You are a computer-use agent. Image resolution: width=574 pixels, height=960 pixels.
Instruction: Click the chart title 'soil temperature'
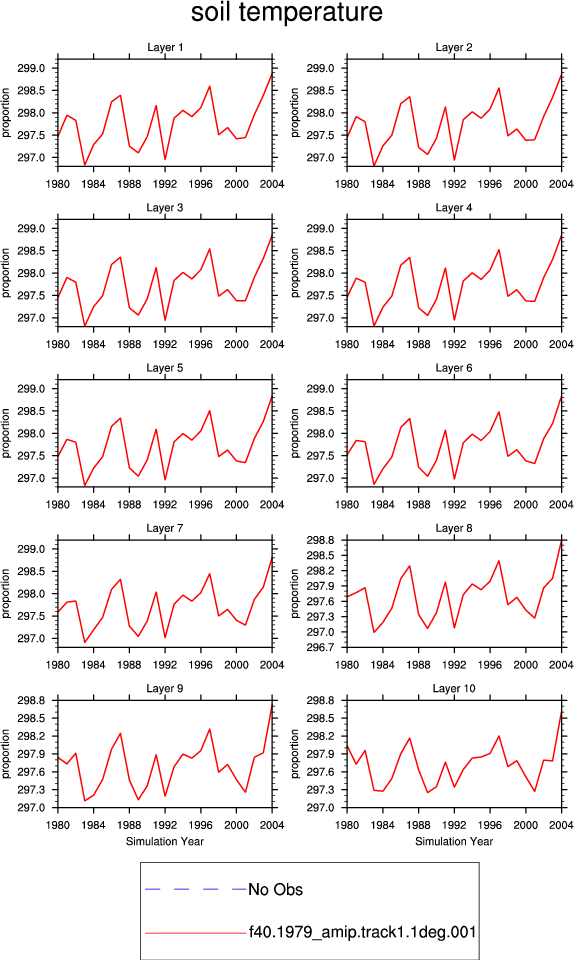tap(286, 12)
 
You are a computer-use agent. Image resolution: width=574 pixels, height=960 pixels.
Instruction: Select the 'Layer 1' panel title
tap(165, 47)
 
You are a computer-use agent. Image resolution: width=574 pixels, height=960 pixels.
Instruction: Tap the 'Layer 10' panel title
tap(453, 688)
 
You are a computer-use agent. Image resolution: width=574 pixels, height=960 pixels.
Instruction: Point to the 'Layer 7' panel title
tap(165, 528)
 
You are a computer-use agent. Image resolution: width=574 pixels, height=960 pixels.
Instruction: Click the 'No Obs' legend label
tap(275, 890)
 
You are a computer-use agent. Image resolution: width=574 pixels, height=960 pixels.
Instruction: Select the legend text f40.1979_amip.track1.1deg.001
tap(362, 932)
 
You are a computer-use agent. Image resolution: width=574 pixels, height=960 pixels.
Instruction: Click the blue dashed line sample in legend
tap(196, 889)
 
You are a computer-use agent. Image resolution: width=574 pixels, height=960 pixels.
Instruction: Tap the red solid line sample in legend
tap(196, 933)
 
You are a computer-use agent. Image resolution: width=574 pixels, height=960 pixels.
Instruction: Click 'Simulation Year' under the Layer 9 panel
tap(165, 841)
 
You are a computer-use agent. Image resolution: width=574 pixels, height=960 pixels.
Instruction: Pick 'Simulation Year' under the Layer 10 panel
tap(453, 841)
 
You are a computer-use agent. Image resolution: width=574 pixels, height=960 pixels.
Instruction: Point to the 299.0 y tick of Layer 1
tap(31, 68)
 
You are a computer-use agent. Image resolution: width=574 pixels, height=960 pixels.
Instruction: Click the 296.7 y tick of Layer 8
tap(320, 647)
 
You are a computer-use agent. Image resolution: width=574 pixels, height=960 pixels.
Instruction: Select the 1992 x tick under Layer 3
tap(165, 344)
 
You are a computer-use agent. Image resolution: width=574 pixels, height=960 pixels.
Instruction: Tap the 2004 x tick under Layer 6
tap(561, 504)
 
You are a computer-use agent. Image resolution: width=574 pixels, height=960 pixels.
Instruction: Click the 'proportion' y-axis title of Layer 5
tap(6, 433)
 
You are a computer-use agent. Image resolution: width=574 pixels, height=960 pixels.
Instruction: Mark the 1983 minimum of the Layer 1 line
tap(84, 165)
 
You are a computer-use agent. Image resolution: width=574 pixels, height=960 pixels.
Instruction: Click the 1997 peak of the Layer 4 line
tap(499, 249)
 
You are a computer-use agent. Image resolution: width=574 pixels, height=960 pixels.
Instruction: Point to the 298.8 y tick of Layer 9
tap(31, 700)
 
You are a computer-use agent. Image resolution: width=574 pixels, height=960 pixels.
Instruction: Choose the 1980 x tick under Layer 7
tap(58, 665)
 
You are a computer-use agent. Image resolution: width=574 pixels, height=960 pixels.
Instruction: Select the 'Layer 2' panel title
tap(453, 47)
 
